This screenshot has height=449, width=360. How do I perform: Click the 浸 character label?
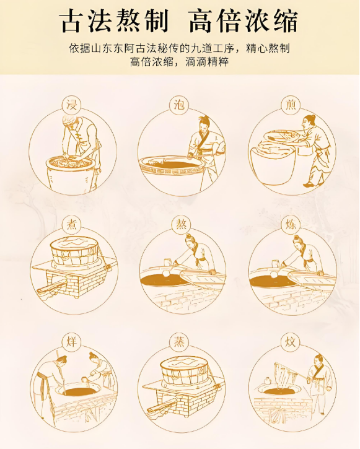click(72, 105)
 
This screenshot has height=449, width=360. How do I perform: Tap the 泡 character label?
click(180, 105)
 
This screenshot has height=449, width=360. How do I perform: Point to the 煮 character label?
click(72, 224)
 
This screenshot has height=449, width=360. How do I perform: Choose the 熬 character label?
click(181, 224)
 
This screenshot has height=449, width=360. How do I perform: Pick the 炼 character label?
click(290, 224)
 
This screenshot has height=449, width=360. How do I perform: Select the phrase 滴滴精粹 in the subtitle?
click(207, 61)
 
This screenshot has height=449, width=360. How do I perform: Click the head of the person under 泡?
click(203, 124)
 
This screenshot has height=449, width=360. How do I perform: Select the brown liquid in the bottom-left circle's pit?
click(79, 391)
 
